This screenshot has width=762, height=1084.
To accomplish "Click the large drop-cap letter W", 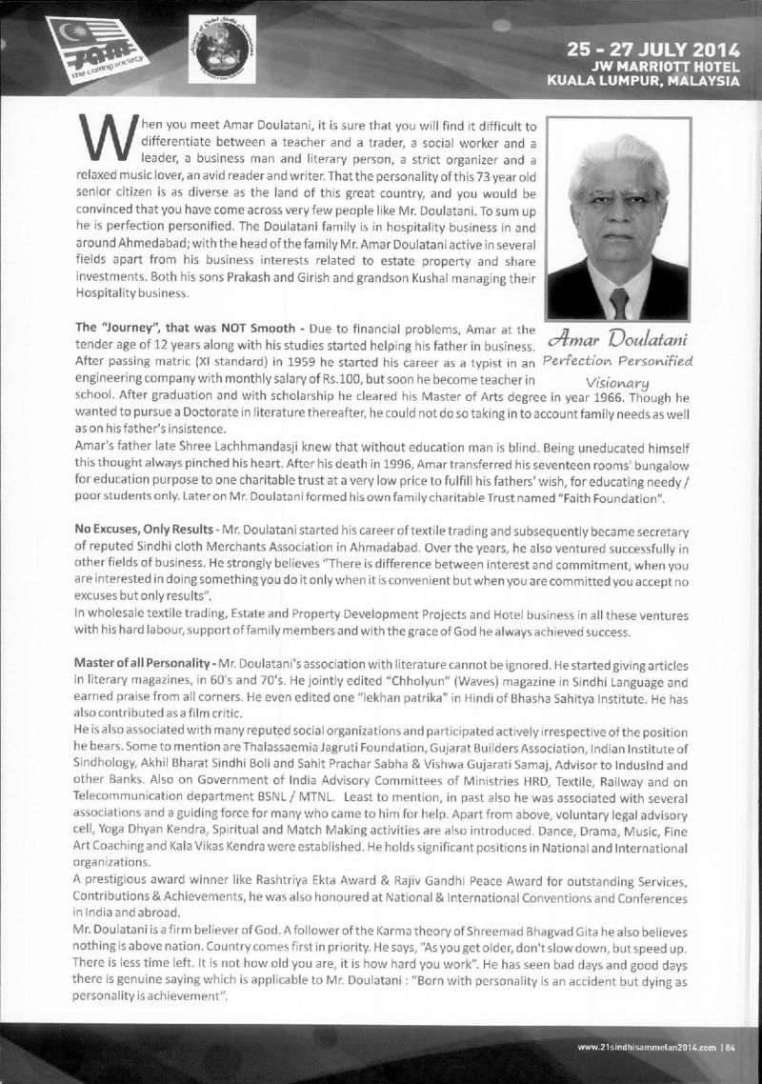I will click(106, 141).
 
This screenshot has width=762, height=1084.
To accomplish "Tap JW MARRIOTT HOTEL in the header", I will click(671, 66).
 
